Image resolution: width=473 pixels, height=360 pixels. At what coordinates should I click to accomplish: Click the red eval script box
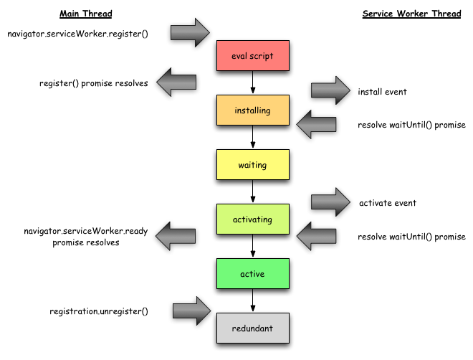pyautogui.click(x=252, y=55)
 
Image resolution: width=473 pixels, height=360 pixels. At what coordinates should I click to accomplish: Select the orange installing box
pyautogui.click(x=252, y=110)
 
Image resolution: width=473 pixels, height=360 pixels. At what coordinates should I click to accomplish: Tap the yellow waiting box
pyautogui.click(x=252, y=165)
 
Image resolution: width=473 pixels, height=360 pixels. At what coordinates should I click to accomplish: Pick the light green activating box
pyautogui.click(x=252, y=219)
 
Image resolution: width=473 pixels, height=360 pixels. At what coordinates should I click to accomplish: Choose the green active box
pyautogui.click(x=252, y=274)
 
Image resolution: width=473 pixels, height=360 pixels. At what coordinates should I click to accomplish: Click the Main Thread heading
pyautogui.click(x=86, y=14)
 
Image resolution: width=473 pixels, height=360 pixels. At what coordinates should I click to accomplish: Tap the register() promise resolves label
pyautogui.click(x=94, y=83)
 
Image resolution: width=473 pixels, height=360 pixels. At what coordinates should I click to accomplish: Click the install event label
pyautogui.click(x=383, y=92)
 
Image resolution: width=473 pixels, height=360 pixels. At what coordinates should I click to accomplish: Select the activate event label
pyautogui.click(x=388, y=203)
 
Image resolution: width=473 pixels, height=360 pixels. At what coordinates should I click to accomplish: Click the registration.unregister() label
pyautogui.click(x=99, y=311)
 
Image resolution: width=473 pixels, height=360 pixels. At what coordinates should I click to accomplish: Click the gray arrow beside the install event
pyautogui.click(x=329, y=90)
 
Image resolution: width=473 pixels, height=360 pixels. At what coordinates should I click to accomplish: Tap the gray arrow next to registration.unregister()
pyautogui.click(x=191, y=311)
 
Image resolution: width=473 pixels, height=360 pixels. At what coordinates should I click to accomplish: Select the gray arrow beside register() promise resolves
pyautogui.click(x=176, y=82)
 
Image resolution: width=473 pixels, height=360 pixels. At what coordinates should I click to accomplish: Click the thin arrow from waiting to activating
pyautogui.click(x=252, y=191)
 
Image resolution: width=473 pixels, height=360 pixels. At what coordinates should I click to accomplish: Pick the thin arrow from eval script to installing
pyautogui.click(x=252, y=82)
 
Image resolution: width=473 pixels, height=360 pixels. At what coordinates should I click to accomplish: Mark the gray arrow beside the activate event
pyautogui.click(x=329, y=202)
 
